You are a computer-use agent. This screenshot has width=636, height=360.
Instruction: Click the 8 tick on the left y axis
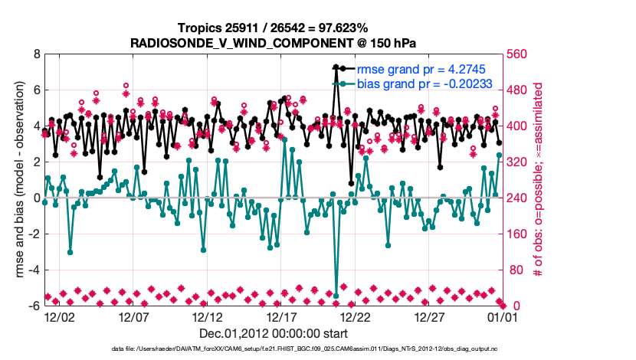click(x=36, y=54)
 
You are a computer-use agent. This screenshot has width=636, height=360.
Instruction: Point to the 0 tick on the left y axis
click(x=36, y=198)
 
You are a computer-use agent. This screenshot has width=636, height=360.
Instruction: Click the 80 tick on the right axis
click(x=514, y=270)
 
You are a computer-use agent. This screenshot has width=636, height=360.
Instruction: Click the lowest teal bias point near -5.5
click(x=336, y=296)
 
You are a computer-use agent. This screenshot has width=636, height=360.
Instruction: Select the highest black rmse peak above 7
click(x=336, y=68)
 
